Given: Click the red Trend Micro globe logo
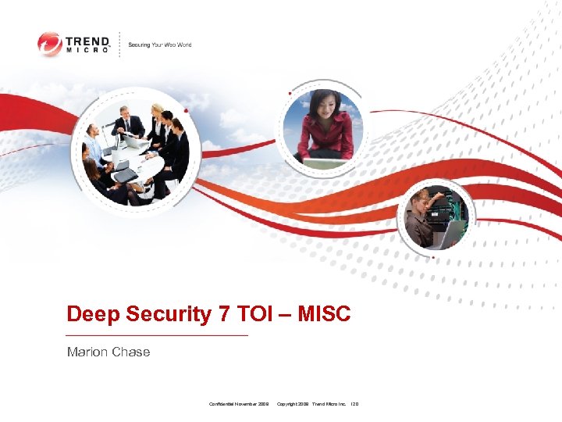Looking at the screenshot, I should point(49,44).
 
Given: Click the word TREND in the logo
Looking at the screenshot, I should point(87,40).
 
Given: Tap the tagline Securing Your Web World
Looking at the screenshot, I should point(160,45).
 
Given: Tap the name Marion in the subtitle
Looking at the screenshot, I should point(88,352).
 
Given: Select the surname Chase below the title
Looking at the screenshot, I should point(130,352).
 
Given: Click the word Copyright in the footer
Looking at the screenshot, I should point(288,403).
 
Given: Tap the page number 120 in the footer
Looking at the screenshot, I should point(354,403).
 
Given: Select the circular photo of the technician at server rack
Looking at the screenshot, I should point(436,217).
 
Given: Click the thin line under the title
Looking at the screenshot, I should point(157,336).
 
